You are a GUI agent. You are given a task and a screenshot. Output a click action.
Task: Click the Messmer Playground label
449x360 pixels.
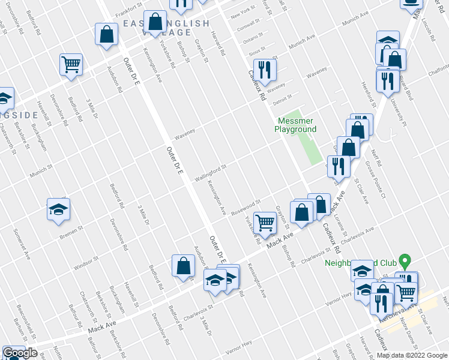295,125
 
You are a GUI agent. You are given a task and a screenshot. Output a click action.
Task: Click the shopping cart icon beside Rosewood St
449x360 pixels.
265,223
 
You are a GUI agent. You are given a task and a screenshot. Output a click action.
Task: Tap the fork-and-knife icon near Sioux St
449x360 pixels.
264,70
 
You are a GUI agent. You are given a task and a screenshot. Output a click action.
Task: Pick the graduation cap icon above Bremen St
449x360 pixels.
58,209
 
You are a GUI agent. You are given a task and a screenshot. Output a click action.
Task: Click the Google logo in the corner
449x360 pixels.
20,353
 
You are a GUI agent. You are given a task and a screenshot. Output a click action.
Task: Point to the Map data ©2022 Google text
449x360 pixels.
411,355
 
